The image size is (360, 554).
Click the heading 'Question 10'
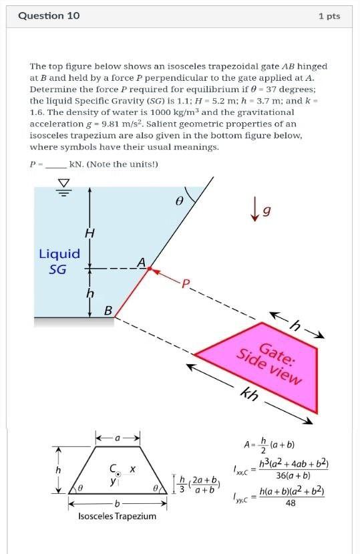[x=49, y=15]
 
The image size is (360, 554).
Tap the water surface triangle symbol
[x=64, y=184]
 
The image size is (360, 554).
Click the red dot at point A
[x=150, y=269]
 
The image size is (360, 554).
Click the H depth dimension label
[x=89, y=233]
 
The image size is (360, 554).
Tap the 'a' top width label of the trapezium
[x=118, y=438]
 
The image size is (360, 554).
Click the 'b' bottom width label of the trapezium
[x=118, y=502]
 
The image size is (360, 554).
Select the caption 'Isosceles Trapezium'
[x=117, y=516]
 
